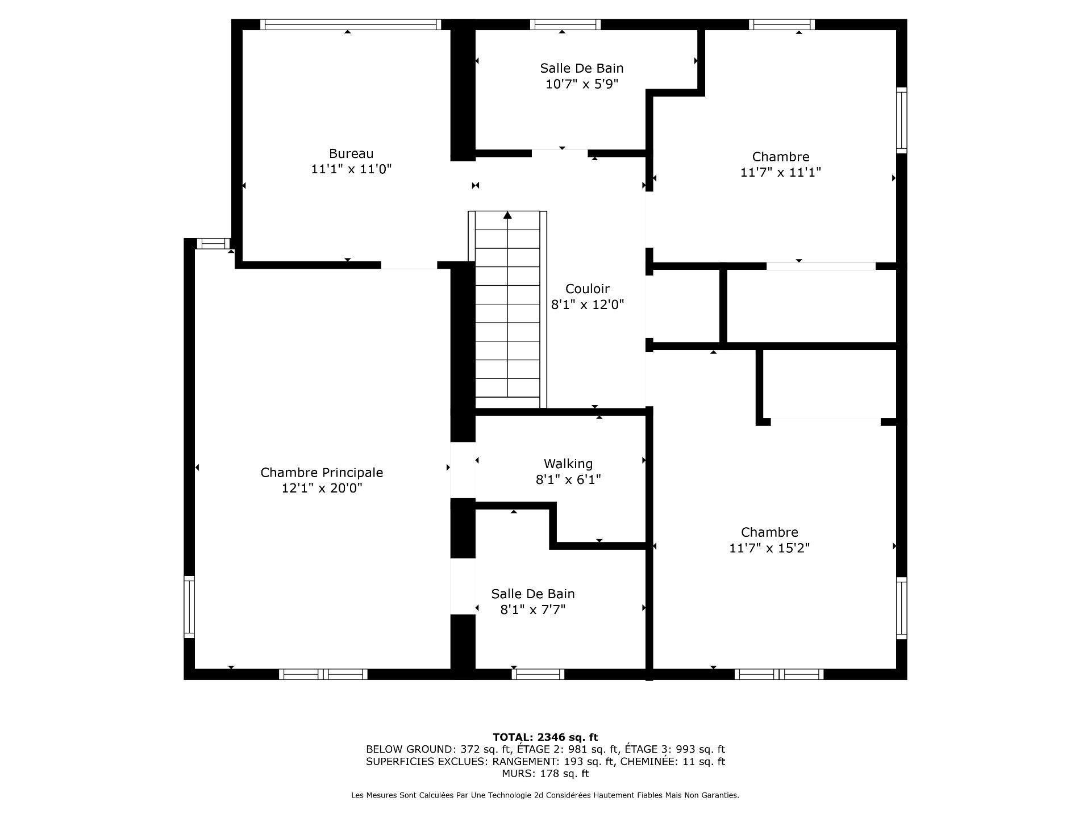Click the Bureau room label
pyautogui.click(x=351, y=153)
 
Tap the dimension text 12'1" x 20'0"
pyautogui.click(x=322, y=489)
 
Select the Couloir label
pyautogui.click(x=587, y=289)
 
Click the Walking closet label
pyautogui.click(x=568, y=464)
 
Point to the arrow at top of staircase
pyautogui.click(x=507, y=215)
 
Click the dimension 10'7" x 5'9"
pyautogui.click(x=581, y=84)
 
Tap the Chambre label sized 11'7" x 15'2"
pyautogui.click(x=769, y=532)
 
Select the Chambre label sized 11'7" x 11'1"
pyautogui.click(x=780, y=157)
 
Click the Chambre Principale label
pyautogui.click(x=322, y=473)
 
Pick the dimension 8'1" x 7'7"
pyautogui.click(x=532, y=610)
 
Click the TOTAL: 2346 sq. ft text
pyautogui.click(x=545, y=737)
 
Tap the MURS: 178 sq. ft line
pyautogui.click(x=545, y=774)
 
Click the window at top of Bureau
pyautogui.click(x=351, y=24)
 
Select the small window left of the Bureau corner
pyautogui.click(x=213, y=244)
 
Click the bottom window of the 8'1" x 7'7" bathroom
pyautogui.click(x=538, y=674)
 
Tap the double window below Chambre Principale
pyautogui.click(x=323, y=674)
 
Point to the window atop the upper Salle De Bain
pyautogui.click(x=565, y=24)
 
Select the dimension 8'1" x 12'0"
pyautogui.click(x=587, y=304)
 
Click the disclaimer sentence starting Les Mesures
pyautogui.click(x=545, y=795)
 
